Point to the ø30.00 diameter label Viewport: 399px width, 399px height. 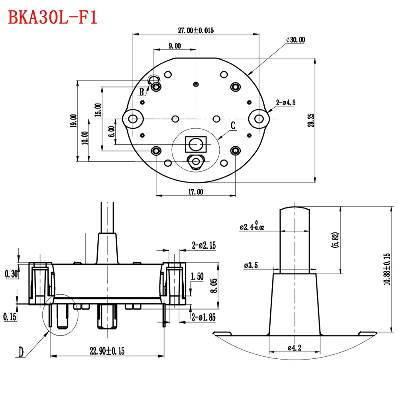(x=295, y=39)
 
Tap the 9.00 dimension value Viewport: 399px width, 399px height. (x=175, y=46)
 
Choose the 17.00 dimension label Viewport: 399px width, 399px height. (x=195, y=192)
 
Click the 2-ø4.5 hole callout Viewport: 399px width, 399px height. (x=286, y=103)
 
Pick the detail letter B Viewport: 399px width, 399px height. (x=142, y=92)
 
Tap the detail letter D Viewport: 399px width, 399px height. (x=21, y=352)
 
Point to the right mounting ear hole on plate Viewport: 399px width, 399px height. (x=259, y=118)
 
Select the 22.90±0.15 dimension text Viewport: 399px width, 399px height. (x=107, y=351)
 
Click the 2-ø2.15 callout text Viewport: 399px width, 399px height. (x=204, y=246)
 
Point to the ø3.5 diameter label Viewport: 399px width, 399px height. (x=252, y=265)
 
